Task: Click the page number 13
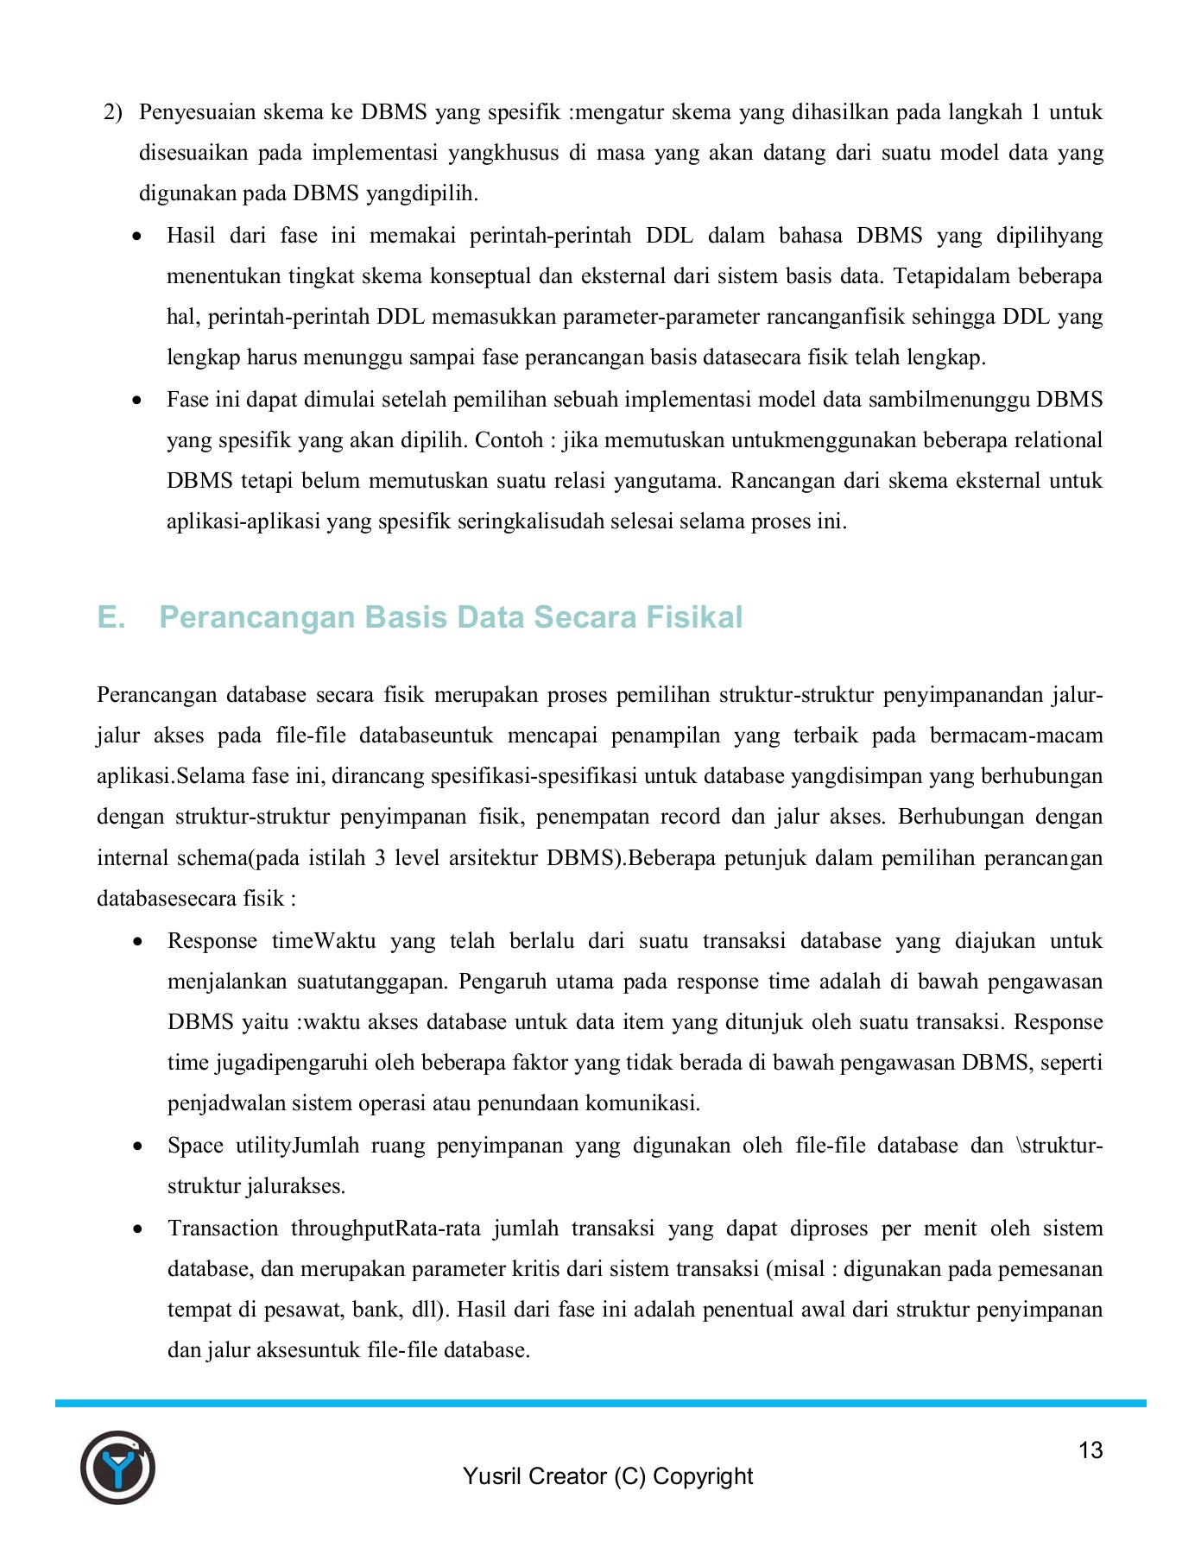click(1090, 1450)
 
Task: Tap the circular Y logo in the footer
click(117, 1468)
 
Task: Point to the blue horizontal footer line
click(600, 1404)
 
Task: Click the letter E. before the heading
click(111, 617)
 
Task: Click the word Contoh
click(510, 440)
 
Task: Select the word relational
click(1053, 440)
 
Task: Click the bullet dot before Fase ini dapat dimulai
click(137, 401)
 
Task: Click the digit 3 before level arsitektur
click(380, 858)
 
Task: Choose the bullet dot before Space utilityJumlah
click(137, 1147)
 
